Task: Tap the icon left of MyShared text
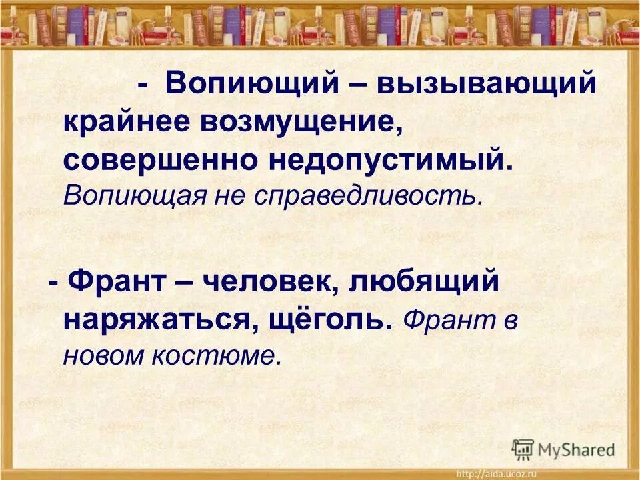(523, 448)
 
